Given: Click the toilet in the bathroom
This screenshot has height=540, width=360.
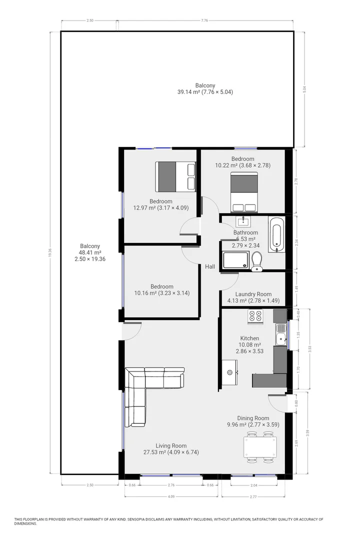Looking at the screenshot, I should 257,261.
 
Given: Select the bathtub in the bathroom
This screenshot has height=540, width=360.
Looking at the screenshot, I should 276,234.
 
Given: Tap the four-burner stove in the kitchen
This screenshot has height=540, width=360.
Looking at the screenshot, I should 255,316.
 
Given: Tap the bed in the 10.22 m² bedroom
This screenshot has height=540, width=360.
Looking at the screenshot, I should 244,191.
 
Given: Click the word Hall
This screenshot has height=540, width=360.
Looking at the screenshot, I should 210,267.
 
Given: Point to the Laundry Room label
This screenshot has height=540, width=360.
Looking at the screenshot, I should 253,294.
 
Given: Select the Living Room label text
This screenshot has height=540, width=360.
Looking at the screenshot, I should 171,445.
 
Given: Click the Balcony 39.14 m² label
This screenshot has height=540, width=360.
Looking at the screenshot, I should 205,89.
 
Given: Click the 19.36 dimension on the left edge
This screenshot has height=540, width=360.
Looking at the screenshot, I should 50,254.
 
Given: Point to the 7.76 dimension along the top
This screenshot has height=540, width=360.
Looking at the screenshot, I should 204,20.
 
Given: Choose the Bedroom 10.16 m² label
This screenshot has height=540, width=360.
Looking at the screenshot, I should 161,289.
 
